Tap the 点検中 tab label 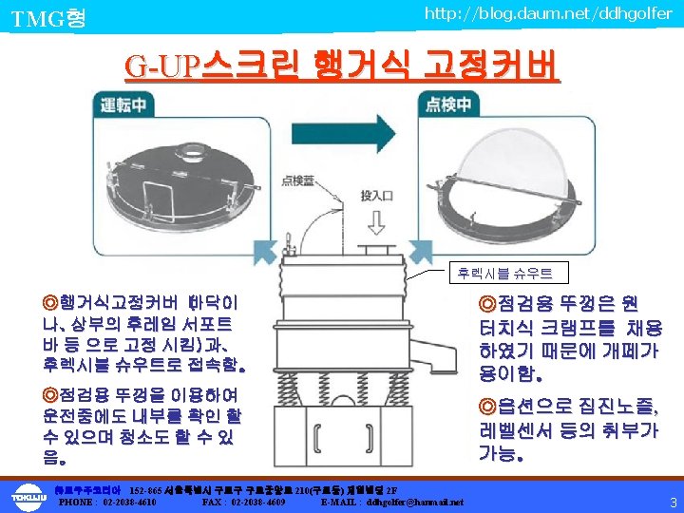click(x=452, y=104)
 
